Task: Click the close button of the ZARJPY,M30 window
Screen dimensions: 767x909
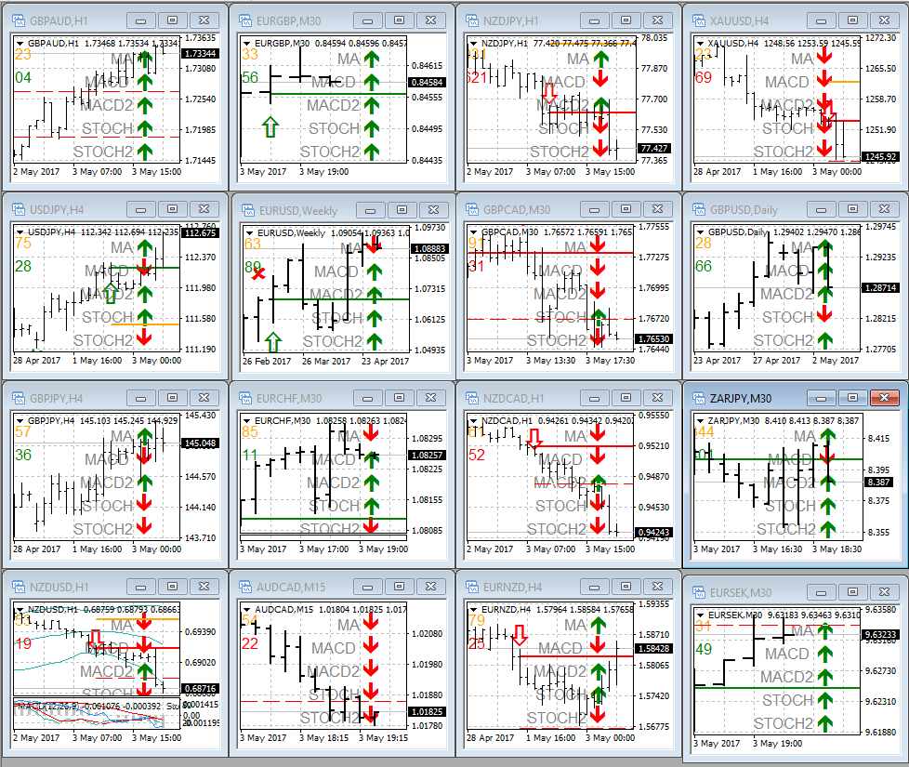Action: click(x=883, y=398)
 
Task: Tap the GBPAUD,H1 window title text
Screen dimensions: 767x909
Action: click(x=60, y=20)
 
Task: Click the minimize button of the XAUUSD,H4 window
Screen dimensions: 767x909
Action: click(x=821, y=20)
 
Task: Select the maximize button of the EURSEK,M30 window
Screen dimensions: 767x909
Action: click(x=854, y=592)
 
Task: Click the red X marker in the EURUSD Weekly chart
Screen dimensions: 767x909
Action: click(x=258, y=272)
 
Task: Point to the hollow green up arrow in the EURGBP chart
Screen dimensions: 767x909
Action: click(x=270, y=127)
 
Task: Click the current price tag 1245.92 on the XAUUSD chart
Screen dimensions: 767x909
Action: click(x=879, y=157)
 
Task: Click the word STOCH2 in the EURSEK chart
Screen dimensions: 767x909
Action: click(x=783, y=723)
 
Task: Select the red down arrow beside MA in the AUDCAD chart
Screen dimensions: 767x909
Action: click(x=373, y=625)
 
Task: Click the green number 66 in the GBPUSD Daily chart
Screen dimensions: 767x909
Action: click(x=704, y=267)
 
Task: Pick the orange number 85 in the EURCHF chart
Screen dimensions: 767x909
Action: click(x=251, y=431)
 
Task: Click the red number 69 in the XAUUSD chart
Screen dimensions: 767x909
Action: click(x=703, y=77)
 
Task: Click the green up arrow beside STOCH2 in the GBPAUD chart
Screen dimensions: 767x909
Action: click(x=144, y=152)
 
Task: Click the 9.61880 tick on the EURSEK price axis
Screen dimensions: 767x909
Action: click(x=880, y=733)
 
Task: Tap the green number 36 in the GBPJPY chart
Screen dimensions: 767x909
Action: click(x=23, y=456)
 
